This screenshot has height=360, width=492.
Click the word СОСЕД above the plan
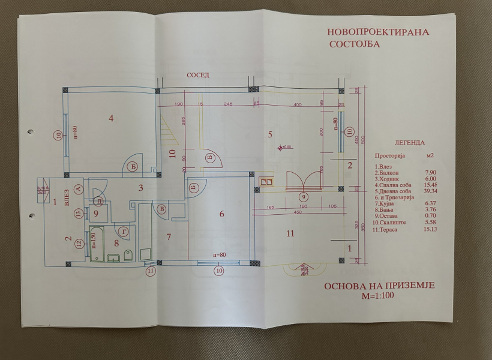point(198,76)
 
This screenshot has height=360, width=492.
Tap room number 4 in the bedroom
point(111,118)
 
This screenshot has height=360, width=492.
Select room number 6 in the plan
point(221,214)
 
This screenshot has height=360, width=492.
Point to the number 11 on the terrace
point(290,233)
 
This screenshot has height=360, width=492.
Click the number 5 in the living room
point(270,134)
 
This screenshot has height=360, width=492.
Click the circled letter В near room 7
point(162,208)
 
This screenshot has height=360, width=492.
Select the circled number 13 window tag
point(79,213)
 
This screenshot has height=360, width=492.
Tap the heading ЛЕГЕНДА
point(410,143)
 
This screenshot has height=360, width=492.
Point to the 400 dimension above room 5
point(298,105)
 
